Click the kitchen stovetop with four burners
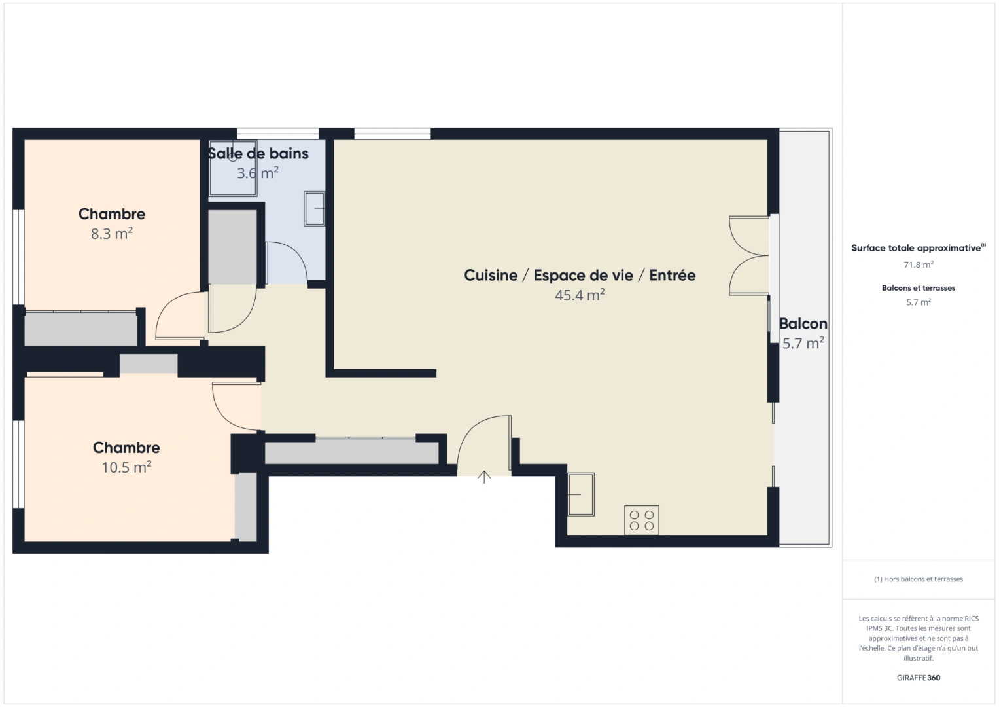(x=641, y=520)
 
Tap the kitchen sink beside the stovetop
(x=580, y=494)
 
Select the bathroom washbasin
(x=315, y=209)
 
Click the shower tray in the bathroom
(x=232, y=168)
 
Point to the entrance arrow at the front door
(x=484, y=477)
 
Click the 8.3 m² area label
(x=112, y=234)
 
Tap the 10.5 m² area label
(x=126, y=467)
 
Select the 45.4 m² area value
(x=579, y=295)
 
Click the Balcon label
(x=803, y=323)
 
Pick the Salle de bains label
(x=258, y=154)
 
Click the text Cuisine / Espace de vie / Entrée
(x=579, y=275)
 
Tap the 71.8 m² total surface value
(x=919, y=265)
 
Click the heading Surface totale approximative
(x=916, y=248)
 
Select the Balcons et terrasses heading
(x=919, y=288)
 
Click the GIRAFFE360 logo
(x=919, y=678)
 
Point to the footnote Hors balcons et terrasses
(x=919, y=579)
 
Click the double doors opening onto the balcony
(x=749, y=256)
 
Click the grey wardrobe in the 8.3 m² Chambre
(x=80, y=329)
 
